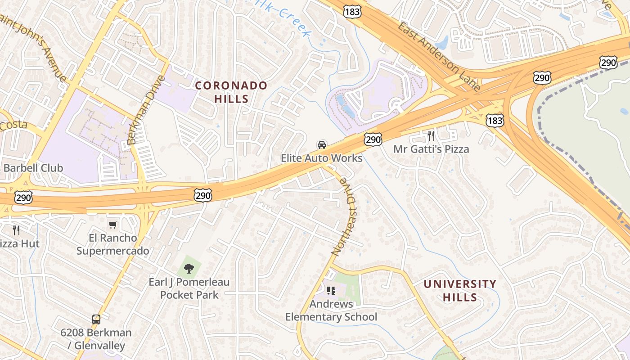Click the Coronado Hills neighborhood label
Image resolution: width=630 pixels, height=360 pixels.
231,92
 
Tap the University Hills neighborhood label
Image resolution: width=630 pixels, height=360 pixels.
460,291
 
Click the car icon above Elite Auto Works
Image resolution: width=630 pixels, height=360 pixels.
322,144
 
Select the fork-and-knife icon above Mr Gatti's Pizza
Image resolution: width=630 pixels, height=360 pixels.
431,135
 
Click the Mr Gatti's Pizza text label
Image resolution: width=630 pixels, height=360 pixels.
431,149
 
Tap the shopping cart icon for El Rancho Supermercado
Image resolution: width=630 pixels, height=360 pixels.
112,225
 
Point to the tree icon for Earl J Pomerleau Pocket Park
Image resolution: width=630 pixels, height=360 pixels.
189,269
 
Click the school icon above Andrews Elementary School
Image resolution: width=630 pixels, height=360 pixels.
331,291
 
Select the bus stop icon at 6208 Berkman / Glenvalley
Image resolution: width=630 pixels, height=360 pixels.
96,319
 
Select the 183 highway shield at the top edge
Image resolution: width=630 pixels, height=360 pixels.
352,12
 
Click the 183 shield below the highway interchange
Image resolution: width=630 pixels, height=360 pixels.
495,120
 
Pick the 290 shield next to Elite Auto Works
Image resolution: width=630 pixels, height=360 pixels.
373,139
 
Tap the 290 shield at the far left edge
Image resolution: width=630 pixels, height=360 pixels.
23,197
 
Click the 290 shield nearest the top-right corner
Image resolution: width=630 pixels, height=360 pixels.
608,63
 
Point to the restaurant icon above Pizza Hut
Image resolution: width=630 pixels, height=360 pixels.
16,230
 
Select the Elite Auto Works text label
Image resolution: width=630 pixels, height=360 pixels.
322,158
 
